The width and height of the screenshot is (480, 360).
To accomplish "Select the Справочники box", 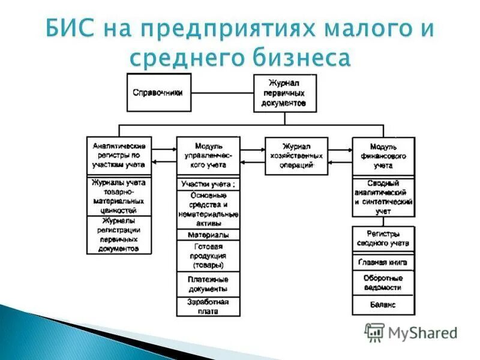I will (x=158, y=92).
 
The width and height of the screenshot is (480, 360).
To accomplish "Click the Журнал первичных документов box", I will (x=284, y=92).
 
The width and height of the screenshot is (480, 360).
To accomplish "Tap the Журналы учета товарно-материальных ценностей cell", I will (x=119, y=196).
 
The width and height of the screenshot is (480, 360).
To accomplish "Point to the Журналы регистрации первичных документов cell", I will (x=119, y=235).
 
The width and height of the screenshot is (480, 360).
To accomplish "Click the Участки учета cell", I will (x=208, y=184).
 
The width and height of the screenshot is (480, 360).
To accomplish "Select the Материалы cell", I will (x=208, y=235).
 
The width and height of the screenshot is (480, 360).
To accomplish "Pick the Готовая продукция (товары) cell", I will (x=208, y=256).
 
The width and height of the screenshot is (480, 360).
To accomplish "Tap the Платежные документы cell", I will (x=208, y=284).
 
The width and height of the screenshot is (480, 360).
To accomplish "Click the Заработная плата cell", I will (x=208, y=307).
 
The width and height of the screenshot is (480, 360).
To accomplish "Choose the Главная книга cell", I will (x=383, y=262).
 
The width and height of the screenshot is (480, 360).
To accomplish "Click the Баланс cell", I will (x=383, y=305).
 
